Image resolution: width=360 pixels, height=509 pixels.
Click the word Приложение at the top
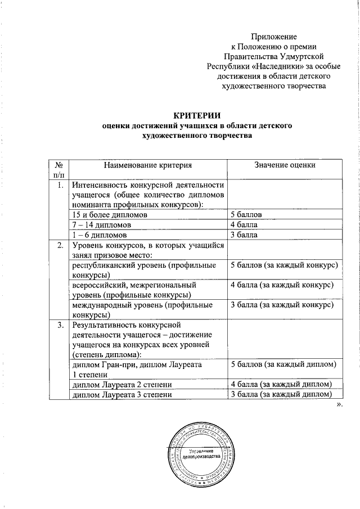273,36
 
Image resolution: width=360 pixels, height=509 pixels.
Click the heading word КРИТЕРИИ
194,115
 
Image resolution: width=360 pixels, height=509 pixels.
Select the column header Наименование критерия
147,165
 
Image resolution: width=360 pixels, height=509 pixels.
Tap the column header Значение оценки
285,165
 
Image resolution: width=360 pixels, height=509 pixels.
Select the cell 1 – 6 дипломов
99,235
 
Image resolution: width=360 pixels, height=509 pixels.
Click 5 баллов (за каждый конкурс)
284,265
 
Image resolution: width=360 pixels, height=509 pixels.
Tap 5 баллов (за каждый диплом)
284,365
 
